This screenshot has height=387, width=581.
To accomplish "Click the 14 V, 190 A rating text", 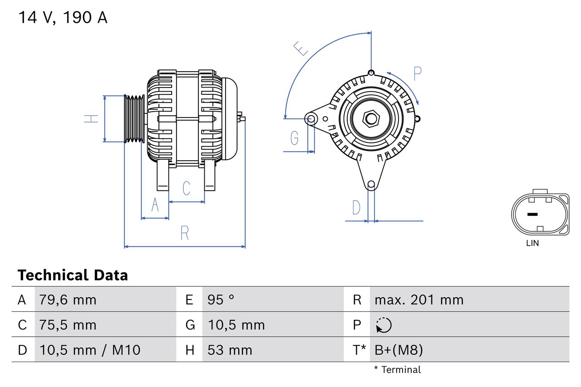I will pos(63,18).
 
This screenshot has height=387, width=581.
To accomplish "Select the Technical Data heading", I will pos(73,275).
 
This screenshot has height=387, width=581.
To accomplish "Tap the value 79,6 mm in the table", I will pos(68,300).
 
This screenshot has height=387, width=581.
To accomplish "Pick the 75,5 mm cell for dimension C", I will pos(68,325).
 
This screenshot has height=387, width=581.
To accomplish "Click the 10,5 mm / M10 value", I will pos(90,350).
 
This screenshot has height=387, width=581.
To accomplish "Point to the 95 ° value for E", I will pos(221,300).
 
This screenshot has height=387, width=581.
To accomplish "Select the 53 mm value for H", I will pos(230,350).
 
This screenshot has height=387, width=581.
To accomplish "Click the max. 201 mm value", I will pos(419,300).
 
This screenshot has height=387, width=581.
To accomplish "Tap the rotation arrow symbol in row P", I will pos(384,325).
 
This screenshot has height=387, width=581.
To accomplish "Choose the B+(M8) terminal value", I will pos(399,350).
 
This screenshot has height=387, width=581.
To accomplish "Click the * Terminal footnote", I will pos(398,370).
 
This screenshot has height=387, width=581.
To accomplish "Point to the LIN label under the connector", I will pos(532,243).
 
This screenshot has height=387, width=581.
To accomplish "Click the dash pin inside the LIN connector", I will pos(532,214).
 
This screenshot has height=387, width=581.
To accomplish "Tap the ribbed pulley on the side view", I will pos(134,119).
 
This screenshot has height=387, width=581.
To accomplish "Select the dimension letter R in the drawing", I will pos(184,233).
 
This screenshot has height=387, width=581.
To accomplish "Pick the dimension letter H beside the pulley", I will pos(91,119).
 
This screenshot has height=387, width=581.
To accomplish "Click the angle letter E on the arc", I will pos(300,48).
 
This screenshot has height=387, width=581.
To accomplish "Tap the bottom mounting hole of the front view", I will pos(371,184).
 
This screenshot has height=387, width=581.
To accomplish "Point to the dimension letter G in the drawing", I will pos(294,137).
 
